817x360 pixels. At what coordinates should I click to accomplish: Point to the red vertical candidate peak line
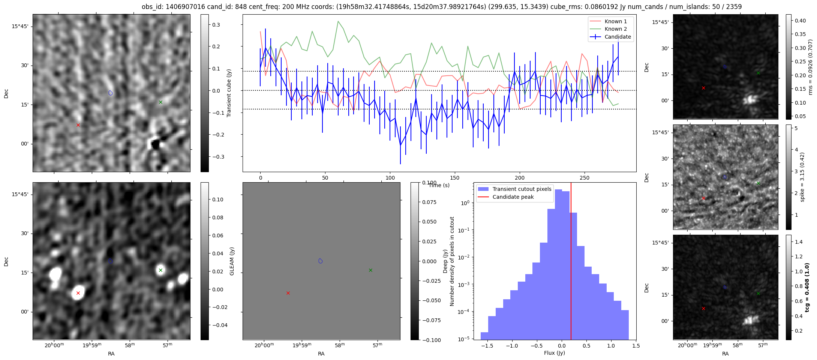coord(571,262)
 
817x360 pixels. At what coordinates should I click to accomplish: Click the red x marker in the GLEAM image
coord(78,293)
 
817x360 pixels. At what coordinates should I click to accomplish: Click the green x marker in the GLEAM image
coord(160,270)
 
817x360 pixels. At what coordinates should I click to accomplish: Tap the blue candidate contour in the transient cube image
coord(110,93)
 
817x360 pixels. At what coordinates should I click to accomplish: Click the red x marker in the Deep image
coord(288,293)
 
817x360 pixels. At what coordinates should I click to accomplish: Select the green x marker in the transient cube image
coord(160,102)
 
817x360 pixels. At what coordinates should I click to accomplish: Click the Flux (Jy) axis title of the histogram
coord(554,353)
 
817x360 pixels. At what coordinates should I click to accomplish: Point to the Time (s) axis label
coord(439,185)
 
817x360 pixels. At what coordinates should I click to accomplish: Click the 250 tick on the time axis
coord(585,178)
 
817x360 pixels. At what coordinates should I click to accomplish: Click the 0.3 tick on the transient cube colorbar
coord(216,25)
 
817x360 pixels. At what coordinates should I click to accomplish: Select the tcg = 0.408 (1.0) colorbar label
coord(807,287)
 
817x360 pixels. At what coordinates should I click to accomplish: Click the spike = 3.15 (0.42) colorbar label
coord(802,177)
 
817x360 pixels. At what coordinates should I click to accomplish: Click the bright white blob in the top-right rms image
coord(750,99)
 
